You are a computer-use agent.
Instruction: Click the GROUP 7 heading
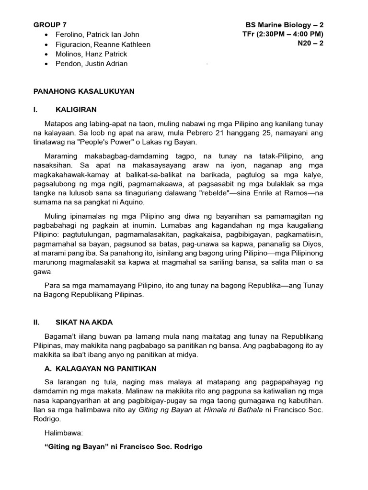point(50,25)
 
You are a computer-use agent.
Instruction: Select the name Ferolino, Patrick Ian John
point(97,34)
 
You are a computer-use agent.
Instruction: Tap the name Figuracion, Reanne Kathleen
point(103,44)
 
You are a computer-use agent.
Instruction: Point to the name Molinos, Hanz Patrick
point(91,54)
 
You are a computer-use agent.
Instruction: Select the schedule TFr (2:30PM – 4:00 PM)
point(283,34)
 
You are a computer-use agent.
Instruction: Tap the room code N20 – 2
point(310,44)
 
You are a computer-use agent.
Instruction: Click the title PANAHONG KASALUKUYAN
point(84,91)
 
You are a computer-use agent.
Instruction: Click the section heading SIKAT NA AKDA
point(84,323)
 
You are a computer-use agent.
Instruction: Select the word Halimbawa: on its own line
point(64,433)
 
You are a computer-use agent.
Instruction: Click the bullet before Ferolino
point(46,35)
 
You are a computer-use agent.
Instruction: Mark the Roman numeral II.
point(36,323)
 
